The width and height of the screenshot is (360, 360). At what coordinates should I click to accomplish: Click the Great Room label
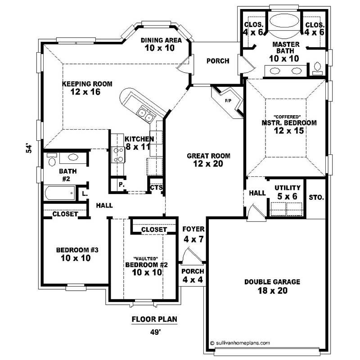click(208, 160)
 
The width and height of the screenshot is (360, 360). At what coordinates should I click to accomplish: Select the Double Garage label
click(266, 286)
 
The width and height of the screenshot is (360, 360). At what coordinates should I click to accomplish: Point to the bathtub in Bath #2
click(59, 195)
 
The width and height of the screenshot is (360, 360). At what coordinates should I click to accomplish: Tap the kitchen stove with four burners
click(118, 155)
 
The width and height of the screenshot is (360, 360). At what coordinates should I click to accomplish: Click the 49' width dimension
click(154, 333)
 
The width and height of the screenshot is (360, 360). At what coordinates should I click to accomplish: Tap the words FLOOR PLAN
click(154, 320)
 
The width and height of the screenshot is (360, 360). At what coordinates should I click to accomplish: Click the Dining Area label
click(161, 44)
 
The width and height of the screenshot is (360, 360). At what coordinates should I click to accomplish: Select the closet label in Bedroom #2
click(154, 229)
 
